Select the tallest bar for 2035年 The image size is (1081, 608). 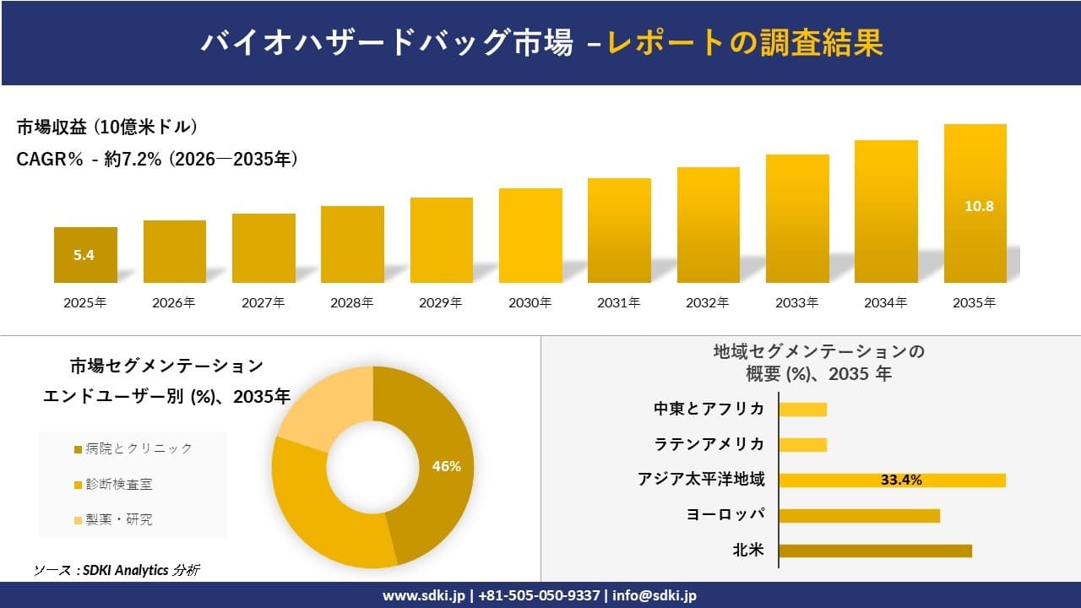point(975,203)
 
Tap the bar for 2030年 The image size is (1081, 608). point(530,236)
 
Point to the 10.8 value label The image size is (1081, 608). point(975,205)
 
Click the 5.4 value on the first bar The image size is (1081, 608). point(84,255)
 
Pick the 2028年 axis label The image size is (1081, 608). point(352,302)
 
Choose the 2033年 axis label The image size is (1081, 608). point(796,302)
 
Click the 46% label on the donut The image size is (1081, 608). point(446,466)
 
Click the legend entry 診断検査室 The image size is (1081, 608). point(123,484)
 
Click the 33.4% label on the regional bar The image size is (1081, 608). point(901,480)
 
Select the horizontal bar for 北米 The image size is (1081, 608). point(875,551)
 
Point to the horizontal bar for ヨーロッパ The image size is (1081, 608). point(859,515)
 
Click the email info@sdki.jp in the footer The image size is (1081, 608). point(655,595)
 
